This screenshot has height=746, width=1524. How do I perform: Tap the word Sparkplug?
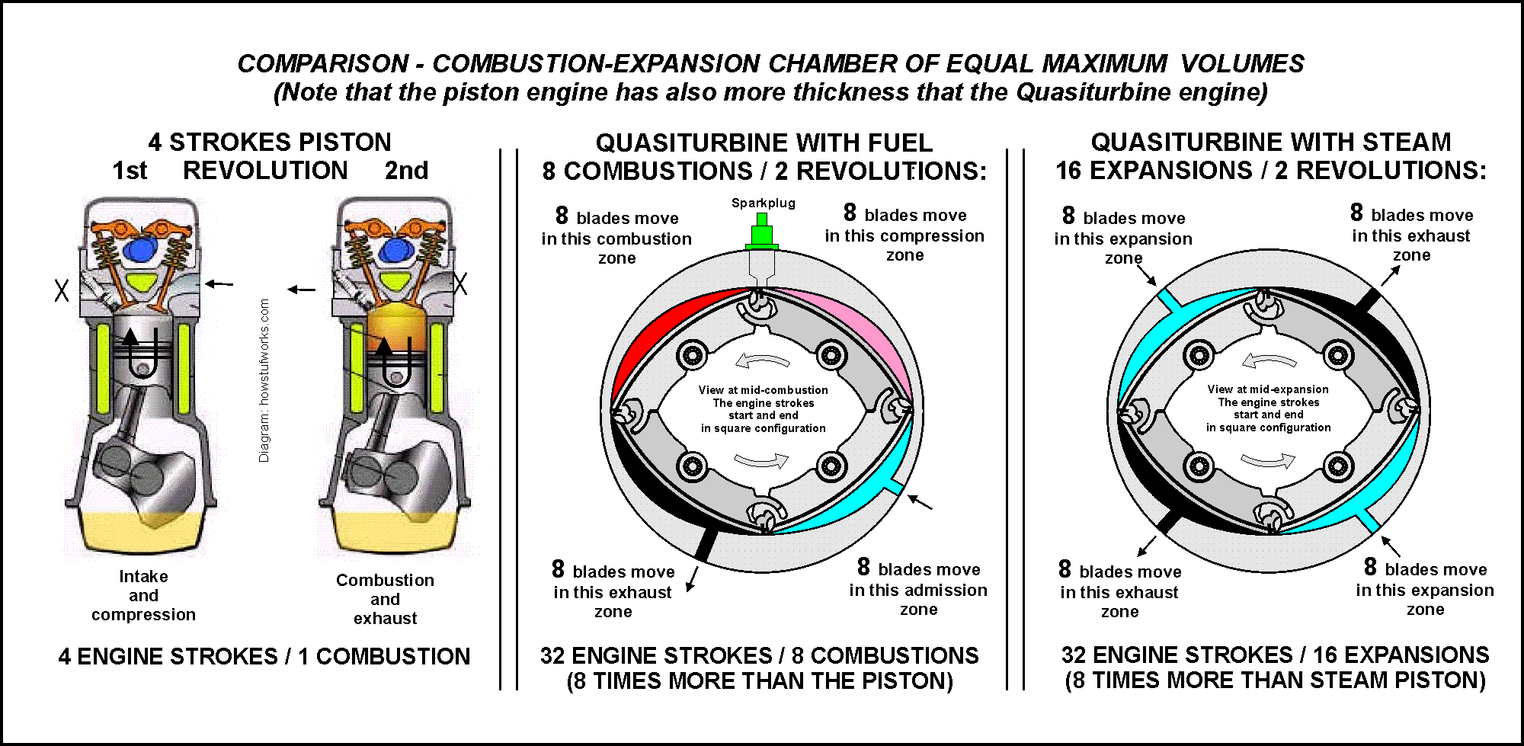[x=763, y=203]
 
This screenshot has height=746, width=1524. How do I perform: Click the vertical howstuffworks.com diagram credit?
[x=264, y=380]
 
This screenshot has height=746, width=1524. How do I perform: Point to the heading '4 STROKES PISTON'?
[x=270, y=142]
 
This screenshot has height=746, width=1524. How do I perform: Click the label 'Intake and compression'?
[x=143, y=595]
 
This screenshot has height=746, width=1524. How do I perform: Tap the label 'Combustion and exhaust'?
[x=385, y=599]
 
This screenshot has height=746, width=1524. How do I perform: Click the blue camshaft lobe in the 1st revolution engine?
[x=142, y=249]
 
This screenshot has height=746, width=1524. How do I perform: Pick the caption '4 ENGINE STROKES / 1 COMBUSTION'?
[x=264, y=656]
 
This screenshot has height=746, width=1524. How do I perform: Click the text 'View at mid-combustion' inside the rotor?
[x=763, y=390]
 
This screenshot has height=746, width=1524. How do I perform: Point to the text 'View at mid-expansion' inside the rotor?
[x=1268, y=389]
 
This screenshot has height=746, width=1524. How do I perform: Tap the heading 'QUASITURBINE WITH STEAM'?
[x=1270, y=142]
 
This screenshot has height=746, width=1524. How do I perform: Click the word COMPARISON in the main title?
[x=323, y=63]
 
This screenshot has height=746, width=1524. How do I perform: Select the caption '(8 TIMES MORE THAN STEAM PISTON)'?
[x=1275, y=680]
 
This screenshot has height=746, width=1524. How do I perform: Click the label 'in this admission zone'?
[x=918, y=599]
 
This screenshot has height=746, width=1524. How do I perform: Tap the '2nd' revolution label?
[x=406, y=170]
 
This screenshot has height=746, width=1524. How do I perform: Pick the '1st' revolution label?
[x=130, y=170]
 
